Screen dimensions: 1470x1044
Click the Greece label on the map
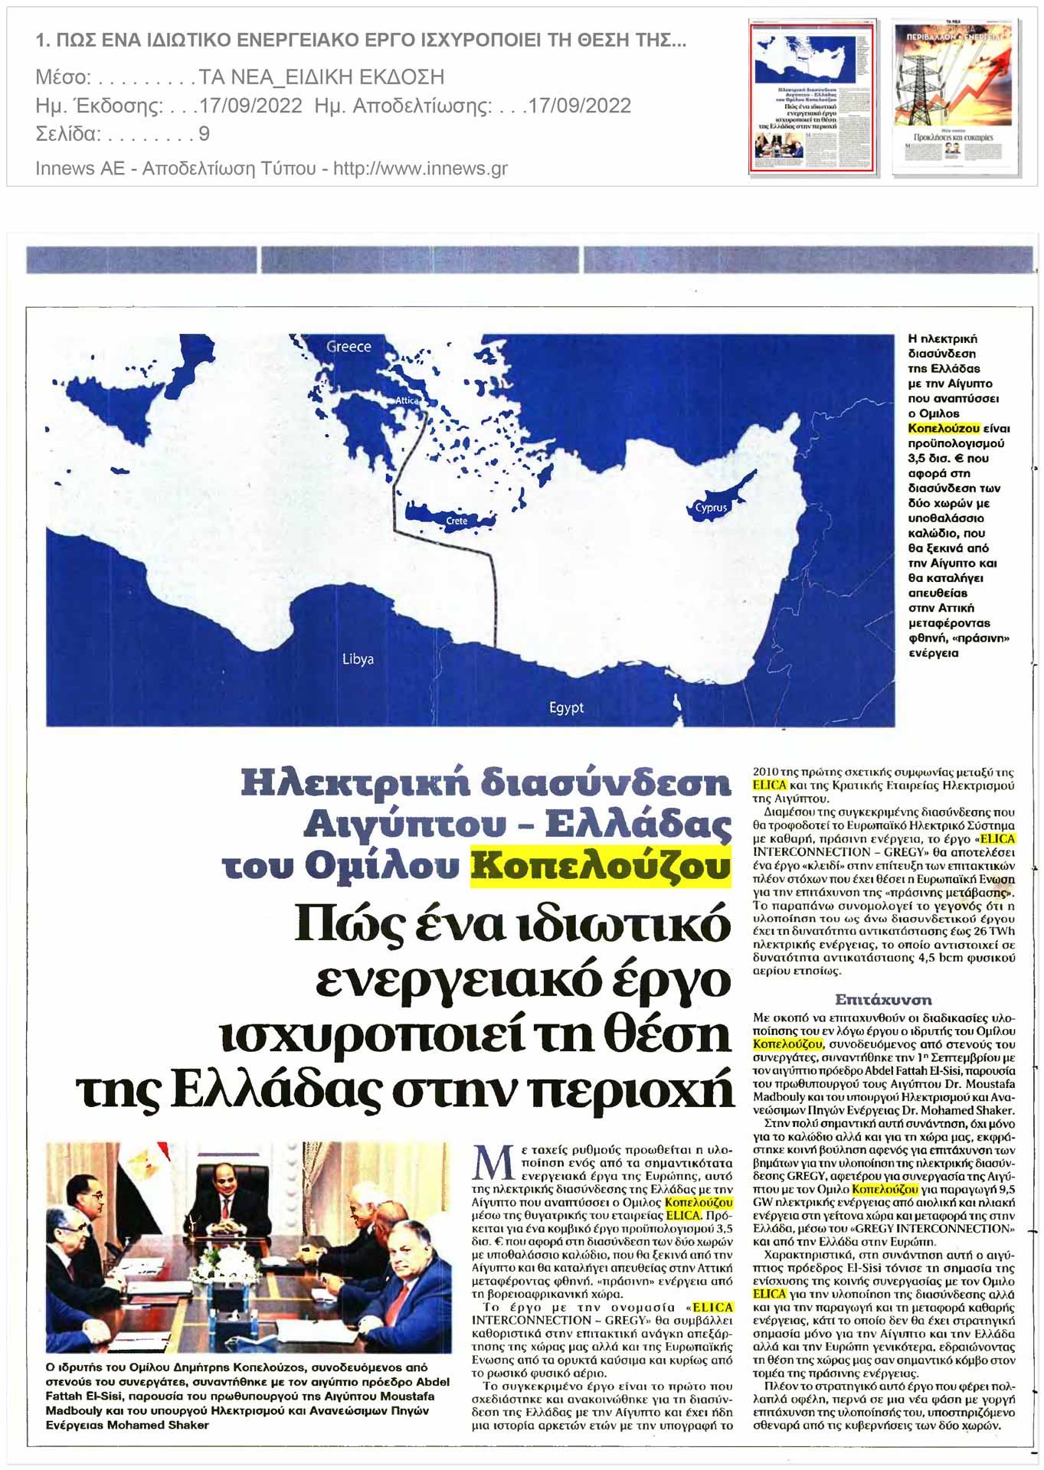pyautogui.click(x=349, y=347)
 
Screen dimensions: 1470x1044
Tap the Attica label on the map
pyautogui.click(x=407, y=400)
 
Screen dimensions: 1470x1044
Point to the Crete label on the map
pyautogui.click(x=457, y=521)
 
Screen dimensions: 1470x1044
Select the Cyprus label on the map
pyautogui.click(x=711, y=508)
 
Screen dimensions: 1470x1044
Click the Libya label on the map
pyautogui.click(x=358, y=659)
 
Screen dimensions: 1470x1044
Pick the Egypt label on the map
pyautogui.click(x=566, y=708)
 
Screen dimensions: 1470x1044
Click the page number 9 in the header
pyautogui.click(x=204, y=134)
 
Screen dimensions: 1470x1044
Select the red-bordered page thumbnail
pyautogui.click(x=811, y=97)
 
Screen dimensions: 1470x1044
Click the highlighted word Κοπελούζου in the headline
pyautogui.click(x=601, y=866)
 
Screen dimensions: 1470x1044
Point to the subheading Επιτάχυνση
pyautogui.click(x=883, y=999)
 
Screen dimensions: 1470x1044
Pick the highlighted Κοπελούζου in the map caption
pyautogui.click(x=943, y=429)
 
